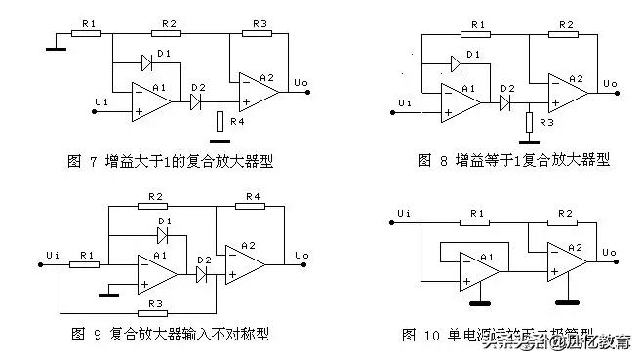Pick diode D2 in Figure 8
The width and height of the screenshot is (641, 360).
pos(505,100)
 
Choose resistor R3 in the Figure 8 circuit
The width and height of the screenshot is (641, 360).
pos(528,121)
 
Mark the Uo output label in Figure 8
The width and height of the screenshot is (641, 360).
pos(610,83)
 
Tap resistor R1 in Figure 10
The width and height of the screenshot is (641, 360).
pos(477,222)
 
